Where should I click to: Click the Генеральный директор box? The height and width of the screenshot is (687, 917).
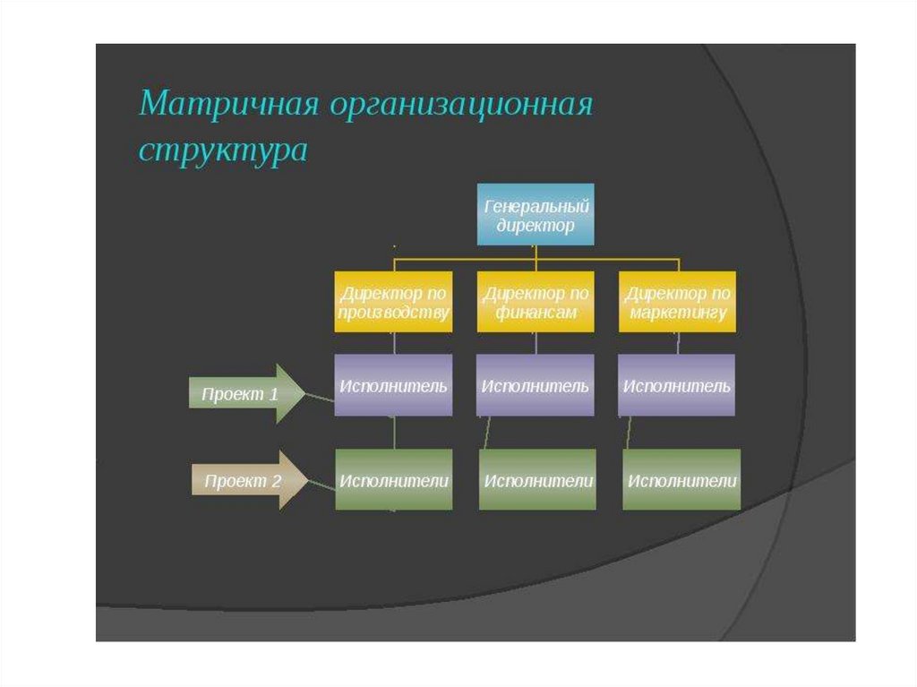(x=536, y=215)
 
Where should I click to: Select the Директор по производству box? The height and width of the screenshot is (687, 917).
(x=393, y=302)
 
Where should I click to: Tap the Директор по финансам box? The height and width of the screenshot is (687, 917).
(x=536, y=302)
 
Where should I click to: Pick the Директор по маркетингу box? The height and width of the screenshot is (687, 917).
(x=677, y=302)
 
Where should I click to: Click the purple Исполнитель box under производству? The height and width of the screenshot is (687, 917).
(x=393, y=385)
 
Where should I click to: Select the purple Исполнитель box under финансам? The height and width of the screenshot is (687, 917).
(x=535, y=385)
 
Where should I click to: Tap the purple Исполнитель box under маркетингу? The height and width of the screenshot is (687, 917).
(x=677, y=385)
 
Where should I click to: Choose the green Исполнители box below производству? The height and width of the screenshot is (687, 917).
(x=394, y=480)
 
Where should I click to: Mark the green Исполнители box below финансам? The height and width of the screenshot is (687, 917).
(x=537, y=480)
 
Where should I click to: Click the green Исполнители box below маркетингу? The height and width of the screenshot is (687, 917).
(x=681, y=480)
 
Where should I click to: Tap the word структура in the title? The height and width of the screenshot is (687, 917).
(x=222, y=150)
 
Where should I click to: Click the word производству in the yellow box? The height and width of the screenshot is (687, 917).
(x=394, y=313)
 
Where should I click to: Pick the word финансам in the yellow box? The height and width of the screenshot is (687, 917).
(x=536, y=313)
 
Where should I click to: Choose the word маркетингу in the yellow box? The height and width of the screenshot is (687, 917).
(x=678, y=313)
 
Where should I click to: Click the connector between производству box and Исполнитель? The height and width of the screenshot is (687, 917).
(x=394, y=343)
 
